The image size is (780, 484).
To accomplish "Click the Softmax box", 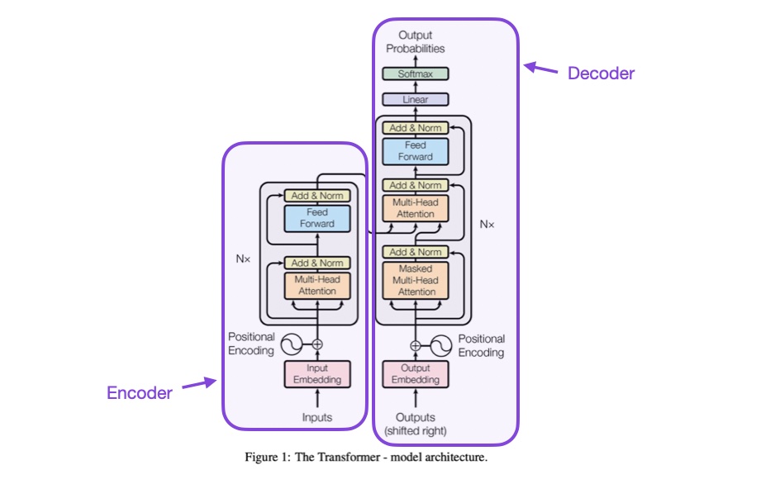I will [x=415, y=74].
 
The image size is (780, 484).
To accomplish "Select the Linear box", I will [x=415, y=100].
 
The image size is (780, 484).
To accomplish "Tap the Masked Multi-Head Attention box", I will [x=416, y=281].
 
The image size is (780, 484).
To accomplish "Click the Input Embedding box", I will [x=317, y=373].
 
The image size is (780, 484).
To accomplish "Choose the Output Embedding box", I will [x=416, y=373].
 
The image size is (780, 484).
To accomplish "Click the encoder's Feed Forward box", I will [x=317, y=218].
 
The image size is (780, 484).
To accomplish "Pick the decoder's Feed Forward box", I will [x=416, y=151].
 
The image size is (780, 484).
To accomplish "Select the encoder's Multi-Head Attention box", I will [x=317, y=285].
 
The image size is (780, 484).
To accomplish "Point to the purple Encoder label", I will [x=140, y=393].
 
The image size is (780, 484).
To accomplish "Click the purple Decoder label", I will [x=601, y=74].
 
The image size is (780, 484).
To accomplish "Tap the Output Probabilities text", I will [x=415, y=42].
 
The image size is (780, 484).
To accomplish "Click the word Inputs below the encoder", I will [x=317, y=417].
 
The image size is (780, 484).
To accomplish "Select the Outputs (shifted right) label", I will [x=416, y=424].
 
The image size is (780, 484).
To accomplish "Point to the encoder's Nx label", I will [x=243, y=259].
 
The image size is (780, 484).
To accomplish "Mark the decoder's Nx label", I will [x=487, y=224].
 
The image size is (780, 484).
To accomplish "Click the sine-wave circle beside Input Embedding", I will [x=292, y=344].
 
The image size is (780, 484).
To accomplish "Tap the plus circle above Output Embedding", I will [x=416, y=345].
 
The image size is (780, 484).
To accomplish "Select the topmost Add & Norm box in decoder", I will [x=416, y=128].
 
